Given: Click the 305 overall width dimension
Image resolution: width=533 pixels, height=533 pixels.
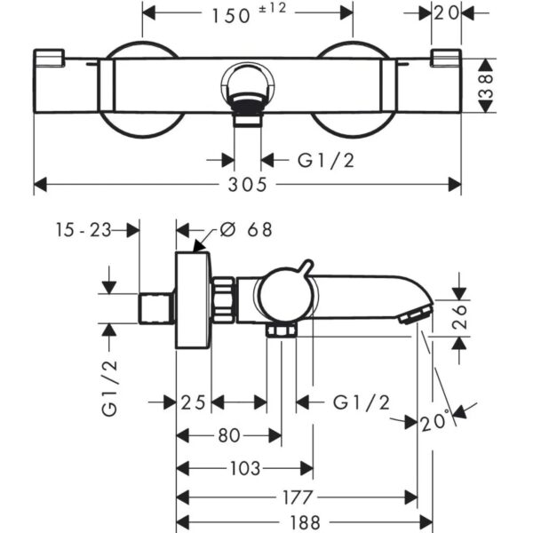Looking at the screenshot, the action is point(247,185).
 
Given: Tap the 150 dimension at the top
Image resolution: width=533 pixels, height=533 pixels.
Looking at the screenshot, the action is point(231,16).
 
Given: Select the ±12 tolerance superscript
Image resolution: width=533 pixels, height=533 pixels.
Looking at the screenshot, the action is point(273,8).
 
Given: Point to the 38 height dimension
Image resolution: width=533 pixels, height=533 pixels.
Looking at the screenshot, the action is point(486,85).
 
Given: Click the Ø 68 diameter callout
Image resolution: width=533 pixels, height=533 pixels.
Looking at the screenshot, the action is point(246,229).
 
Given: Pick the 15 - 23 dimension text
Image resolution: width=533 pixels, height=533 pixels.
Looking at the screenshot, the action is point(84,230).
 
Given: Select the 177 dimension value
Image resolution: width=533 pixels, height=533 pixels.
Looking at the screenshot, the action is point(298,497).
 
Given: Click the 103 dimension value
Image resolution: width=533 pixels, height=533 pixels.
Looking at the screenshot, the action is point(245,468).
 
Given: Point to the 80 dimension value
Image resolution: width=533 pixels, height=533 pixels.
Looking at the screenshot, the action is point(229,435).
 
